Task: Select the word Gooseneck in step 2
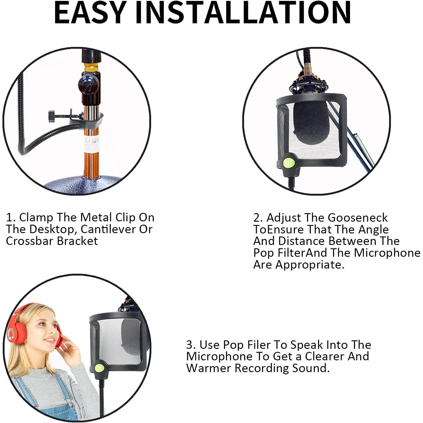click(x=358, y=218)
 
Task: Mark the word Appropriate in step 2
click(x=310, y=265)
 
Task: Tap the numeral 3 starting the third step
click(x=190, y=345)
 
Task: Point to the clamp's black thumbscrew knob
click(x=51, y=115)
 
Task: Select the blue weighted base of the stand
click(x=83, y=185)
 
